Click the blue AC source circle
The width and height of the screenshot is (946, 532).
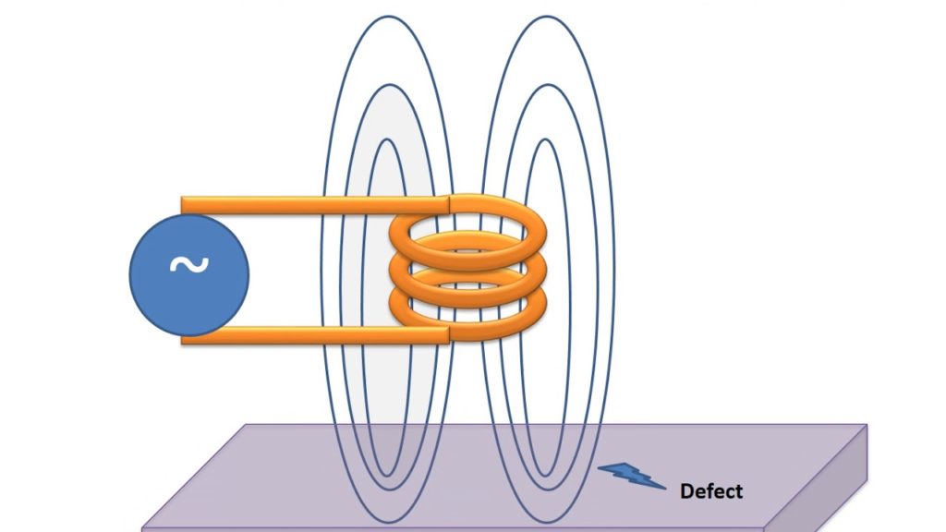click(189, 276)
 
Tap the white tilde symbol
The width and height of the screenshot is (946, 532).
click(189, 265)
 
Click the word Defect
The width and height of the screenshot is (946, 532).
click(710, 490)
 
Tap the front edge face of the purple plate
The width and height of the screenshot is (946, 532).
click(462, 529)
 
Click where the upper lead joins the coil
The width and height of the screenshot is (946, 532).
click(451, 204)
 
